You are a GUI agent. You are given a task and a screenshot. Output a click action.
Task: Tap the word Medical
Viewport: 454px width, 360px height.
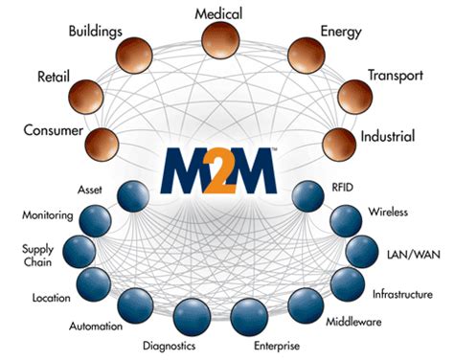(218, 13)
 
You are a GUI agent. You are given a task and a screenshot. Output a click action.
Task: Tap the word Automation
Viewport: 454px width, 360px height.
(95, 326)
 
